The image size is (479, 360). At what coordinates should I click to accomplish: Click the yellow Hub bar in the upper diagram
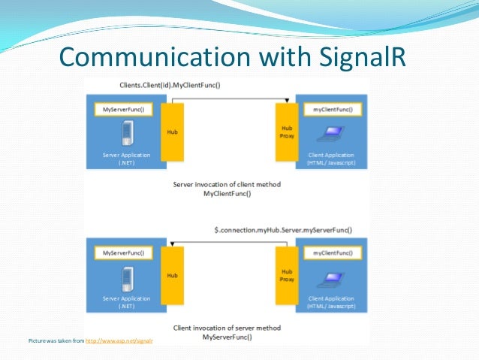172,132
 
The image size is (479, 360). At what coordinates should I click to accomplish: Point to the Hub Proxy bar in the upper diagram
287,132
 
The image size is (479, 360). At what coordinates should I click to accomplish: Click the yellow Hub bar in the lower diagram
172,277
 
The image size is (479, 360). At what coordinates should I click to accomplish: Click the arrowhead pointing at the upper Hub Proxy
287,100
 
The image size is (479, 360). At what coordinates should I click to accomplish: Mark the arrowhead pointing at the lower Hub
173,245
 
